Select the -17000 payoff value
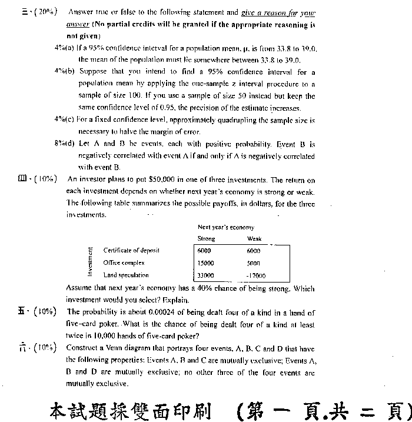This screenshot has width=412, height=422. [256, 275]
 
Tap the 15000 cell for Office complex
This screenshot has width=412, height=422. [206, 263]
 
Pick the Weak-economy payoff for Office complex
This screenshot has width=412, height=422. [253, 263]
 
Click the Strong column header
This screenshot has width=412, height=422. [207, 239]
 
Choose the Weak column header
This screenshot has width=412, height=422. [254, 239]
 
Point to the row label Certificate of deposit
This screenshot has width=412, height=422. [131, 250]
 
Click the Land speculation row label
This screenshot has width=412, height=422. [126, 275]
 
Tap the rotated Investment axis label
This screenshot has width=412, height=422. [90, 262]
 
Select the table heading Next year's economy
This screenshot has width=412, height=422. [226, 227]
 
